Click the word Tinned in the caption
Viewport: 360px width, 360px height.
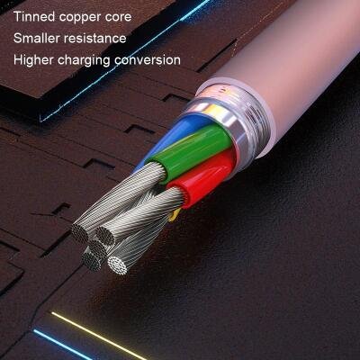click(x=34, y=16)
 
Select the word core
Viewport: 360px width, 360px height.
click(x=118, y=17)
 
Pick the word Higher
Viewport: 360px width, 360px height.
click(x=33, y=60)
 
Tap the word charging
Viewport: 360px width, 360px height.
click(x=84, y=61)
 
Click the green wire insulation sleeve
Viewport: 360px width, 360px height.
click(x=192, y=150)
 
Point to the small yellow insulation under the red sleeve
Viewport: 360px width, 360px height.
click(x=174, y=215)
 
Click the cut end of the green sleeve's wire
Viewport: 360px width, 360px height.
click(x=80, y=232)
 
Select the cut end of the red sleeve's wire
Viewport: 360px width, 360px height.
click(x=104, y=236)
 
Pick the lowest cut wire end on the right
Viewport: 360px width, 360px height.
click(x=118, y=265)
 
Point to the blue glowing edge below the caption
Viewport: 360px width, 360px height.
click(x=126, y=60)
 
